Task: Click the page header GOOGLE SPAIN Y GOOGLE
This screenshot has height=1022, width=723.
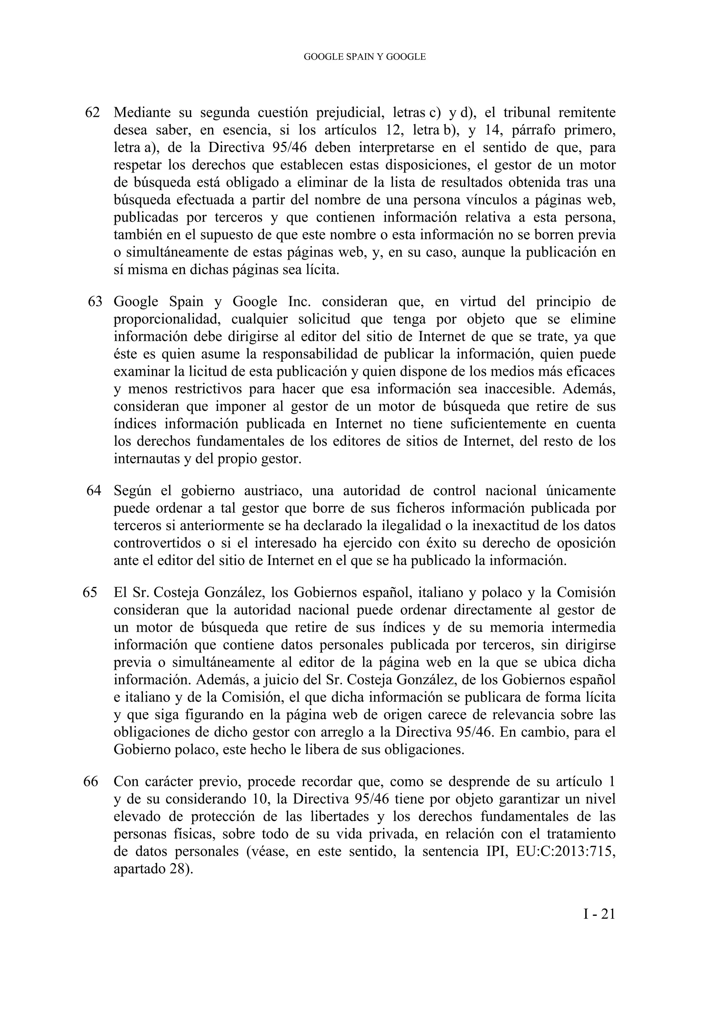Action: (364, 57)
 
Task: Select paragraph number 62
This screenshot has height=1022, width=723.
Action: (92, 113)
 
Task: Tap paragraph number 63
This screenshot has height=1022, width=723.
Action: (95, 302)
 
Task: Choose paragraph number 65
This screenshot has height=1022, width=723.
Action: (90, 593)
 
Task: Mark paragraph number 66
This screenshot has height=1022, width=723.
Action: (90, 782)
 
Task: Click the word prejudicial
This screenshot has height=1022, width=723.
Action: (350, 113)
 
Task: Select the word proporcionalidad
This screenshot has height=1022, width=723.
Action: (167, 319)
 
